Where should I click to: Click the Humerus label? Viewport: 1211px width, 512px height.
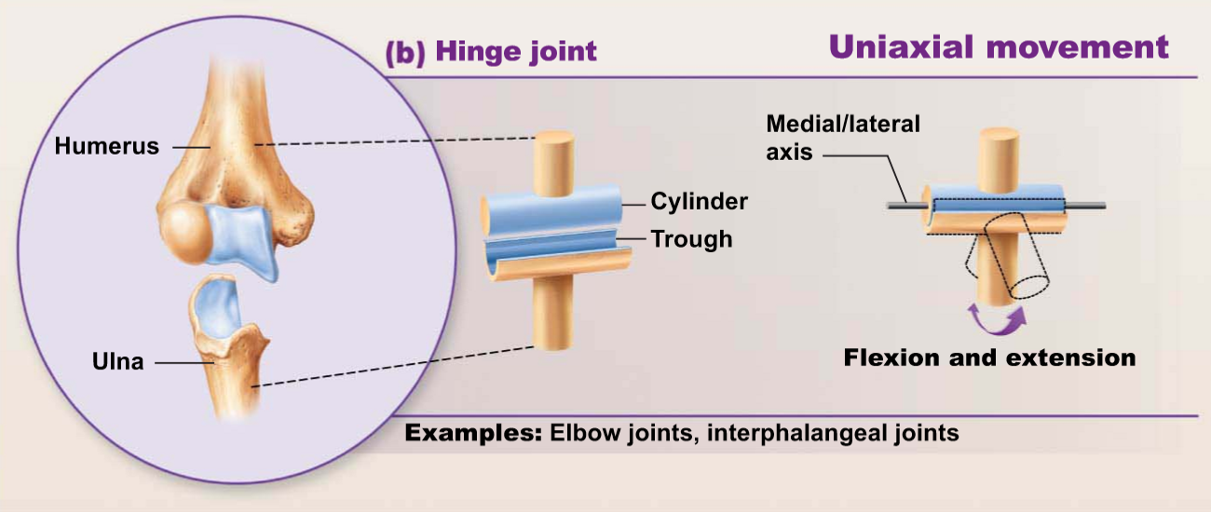click(106, 146)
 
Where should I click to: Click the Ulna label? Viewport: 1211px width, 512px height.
click(118, 362)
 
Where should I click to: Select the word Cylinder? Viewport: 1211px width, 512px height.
click(699, 201)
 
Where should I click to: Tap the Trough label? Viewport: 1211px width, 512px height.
click(691, 239)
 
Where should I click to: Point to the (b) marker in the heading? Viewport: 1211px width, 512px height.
click(405, 50)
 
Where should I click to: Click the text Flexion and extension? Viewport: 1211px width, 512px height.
click(989, 357)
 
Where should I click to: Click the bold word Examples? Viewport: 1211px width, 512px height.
click(473, 433)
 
